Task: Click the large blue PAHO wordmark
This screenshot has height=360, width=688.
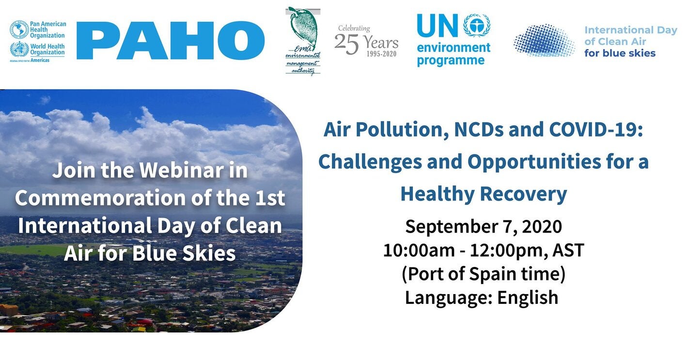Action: pyautogui.click(x=170, y=41)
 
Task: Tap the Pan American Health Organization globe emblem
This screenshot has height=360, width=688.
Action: pyautogui.click(x=19, y=30)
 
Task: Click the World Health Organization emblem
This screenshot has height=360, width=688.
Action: pyautogui.click(x=19, y=49)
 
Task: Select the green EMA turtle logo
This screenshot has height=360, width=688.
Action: pyautogui.click(x=302, y=30)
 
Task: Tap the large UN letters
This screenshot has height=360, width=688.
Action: pyautogui.click(x=437, y=26)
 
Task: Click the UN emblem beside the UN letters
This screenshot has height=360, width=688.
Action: pyautogui.click(x=477, y=25)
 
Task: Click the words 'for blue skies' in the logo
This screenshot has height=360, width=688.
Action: pyautogui.click(x=620, y=53)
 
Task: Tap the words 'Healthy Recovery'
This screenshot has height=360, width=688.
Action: pyautogui.click(x=483, y=194)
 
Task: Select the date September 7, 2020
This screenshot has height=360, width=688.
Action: pyautogui.click(x=483, y=226)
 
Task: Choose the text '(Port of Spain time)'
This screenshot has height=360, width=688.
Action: pyautogui.click(x=483, y=274)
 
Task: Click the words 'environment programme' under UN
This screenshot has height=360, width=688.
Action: pyautogui.click(x=453, y=54)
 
